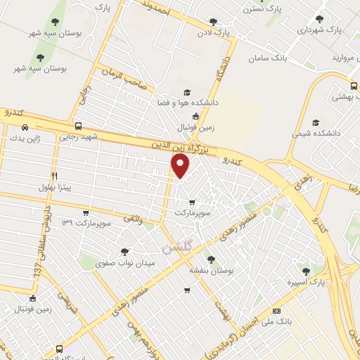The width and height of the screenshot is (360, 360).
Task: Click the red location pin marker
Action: (181, 165)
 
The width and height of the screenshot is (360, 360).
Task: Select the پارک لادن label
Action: (214, 33)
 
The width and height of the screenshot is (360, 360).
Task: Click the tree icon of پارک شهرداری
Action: (320, 19)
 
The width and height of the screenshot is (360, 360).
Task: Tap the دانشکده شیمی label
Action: (320, 131)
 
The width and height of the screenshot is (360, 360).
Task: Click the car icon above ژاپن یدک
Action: (26, 128)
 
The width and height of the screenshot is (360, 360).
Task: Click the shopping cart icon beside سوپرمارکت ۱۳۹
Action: (86, 213)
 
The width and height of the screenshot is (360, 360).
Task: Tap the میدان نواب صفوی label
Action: (124, 262)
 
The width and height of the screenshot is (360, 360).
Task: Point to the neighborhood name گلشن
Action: (176, 248)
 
